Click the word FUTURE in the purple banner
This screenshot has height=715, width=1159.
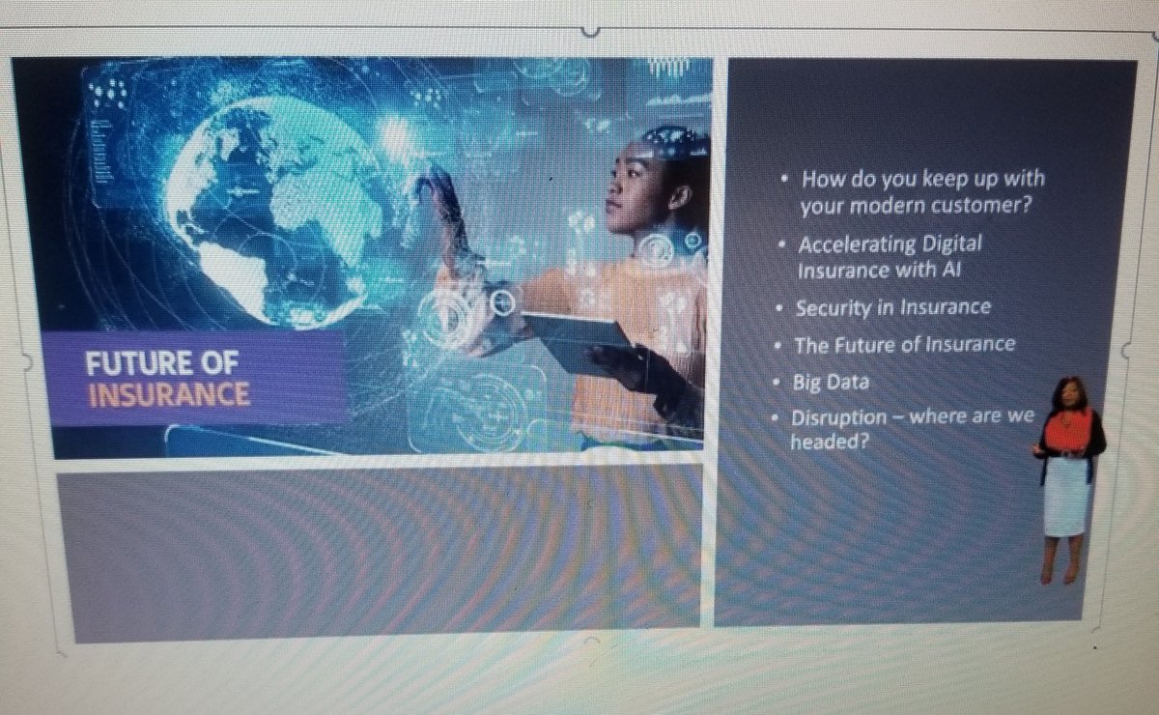click(124, 363)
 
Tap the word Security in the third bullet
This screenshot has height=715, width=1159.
click(828, 308)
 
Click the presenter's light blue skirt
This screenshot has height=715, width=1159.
click(1067, 494)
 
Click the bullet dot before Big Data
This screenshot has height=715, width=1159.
click(776, 383)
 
